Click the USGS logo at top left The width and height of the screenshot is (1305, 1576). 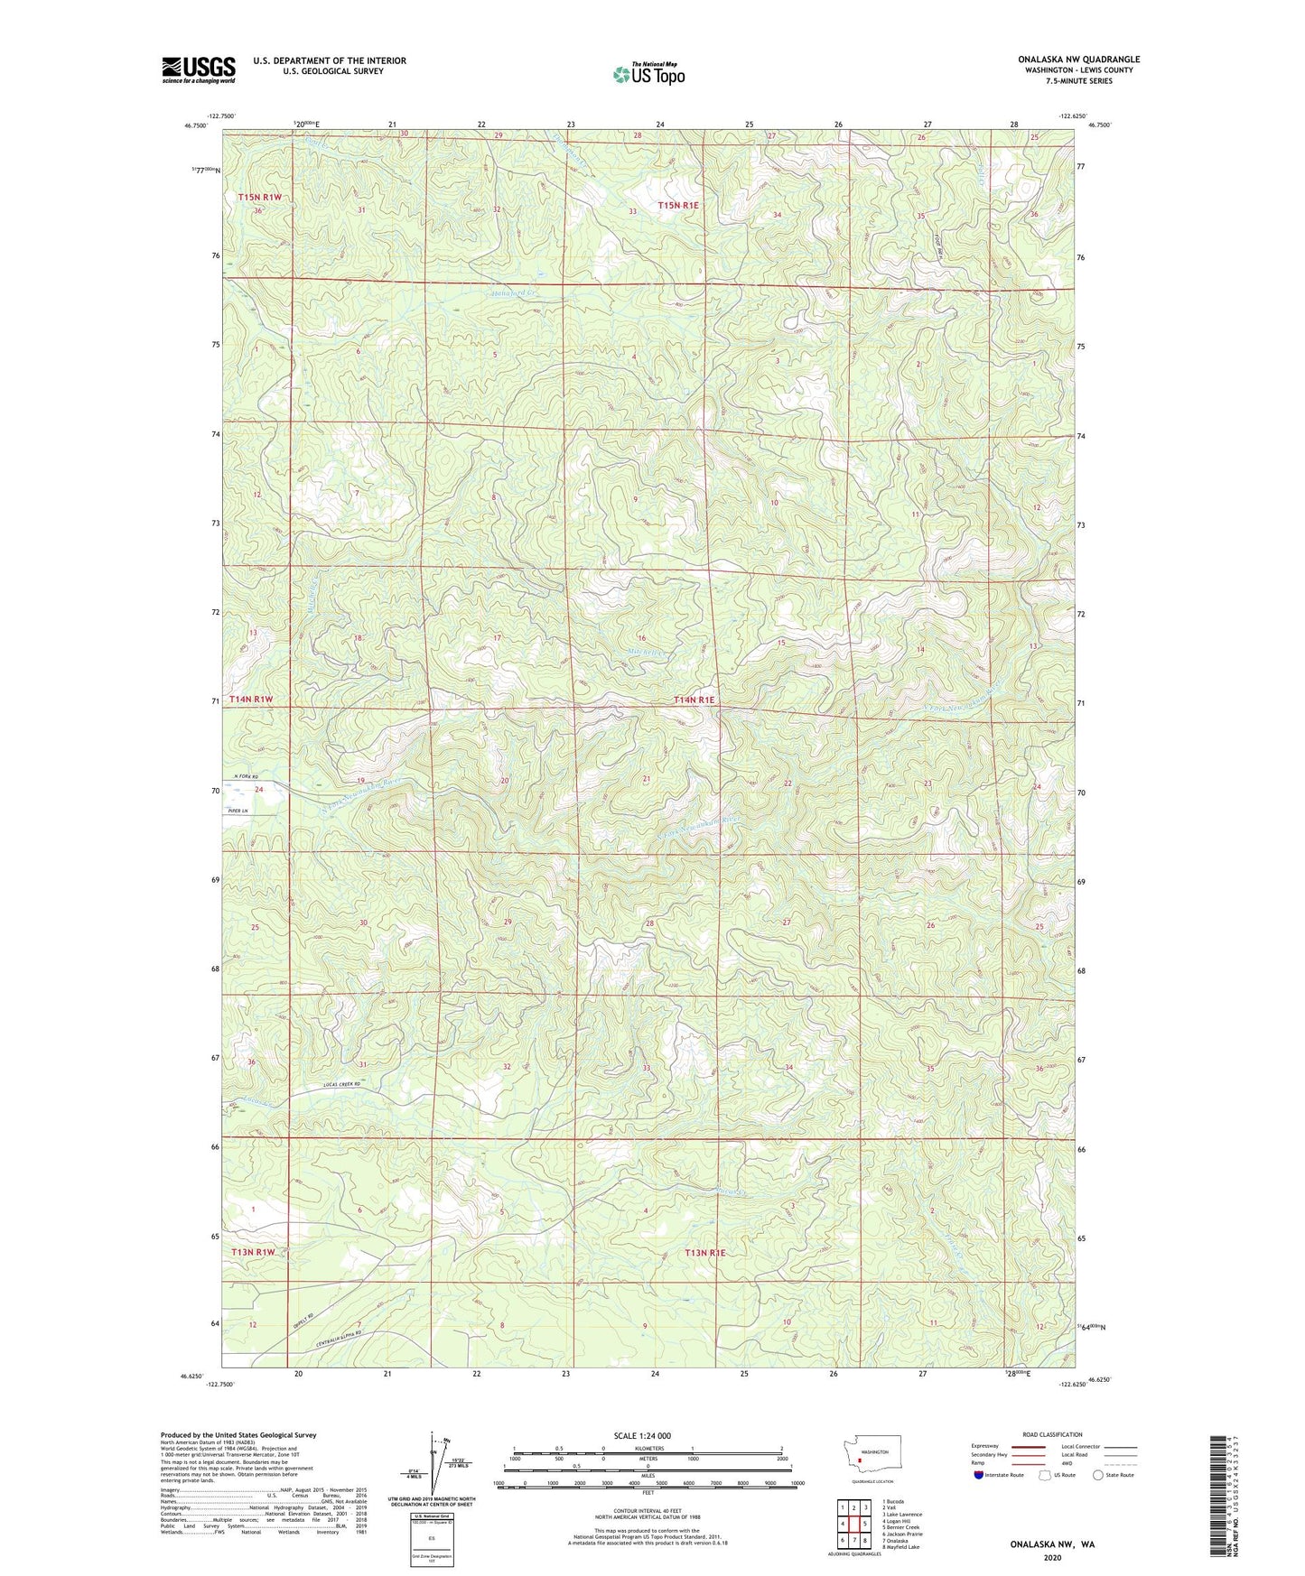pyautogui.click(x=198, y=70)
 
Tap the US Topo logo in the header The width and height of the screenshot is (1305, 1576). pyautogui.click(x=648, y=74)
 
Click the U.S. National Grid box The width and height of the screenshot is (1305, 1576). pyautogui.click(x=431, y=1537)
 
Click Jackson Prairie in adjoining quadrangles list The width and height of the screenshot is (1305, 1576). pyautogui.click(x=902, y=1534)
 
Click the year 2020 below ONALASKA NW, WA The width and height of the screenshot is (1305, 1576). pyautogui.click(x=1052, y=1557)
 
